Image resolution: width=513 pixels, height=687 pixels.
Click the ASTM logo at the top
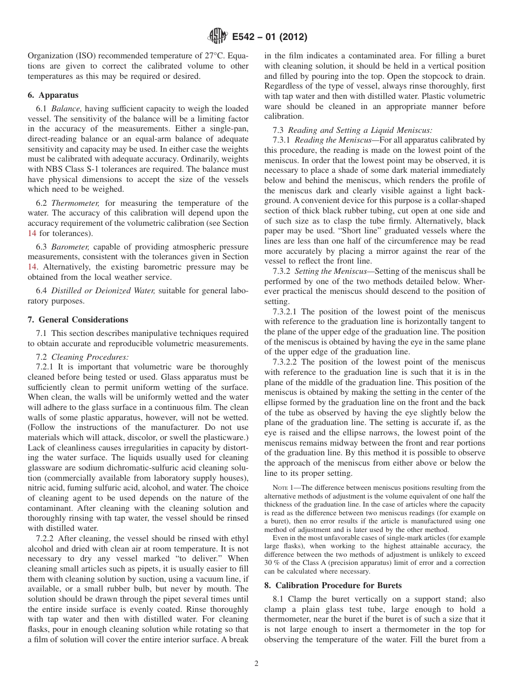click(x=217, y=37)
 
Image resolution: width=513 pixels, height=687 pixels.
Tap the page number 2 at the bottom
click(x=256, y=664)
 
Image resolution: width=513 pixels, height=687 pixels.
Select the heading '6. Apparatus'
click(x=53, y=95)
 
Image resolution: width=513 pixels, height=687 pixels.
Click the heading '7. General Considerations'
click(x=78, y=319)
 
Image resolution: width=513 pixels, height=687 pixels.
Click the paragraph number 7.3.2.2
click(x=286, y=362)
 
